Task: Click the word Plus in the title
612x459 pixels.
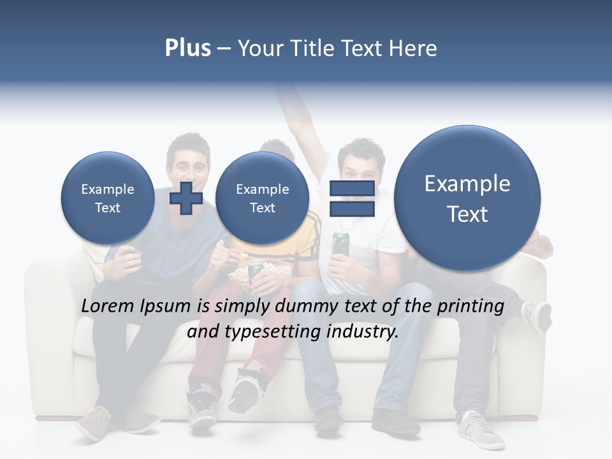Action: click(x=187, y=48)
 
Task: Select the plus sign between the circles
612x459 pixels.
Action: click(x=186, y=198)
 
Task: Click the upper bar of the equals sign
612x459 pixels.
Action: click(x=352, y=189)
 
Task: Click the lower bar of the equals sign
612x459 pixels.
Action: click(x=352, y=209)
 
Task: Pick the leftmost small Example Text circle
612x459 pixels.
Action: click(x=108, y=198)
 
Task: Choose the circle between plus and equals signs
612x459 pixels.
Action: click(x=262, y=198)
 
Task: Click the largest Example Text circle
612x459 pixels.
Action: click(x=467, y=198)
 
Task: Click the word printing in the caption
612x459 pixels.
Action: click(x=471, y=306)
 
